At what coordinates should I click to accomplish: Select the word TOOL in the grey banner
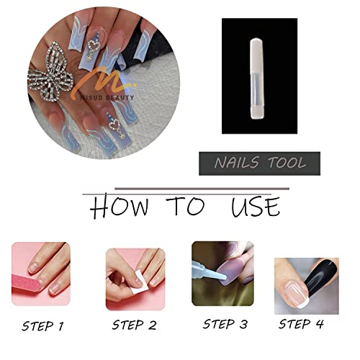pyautogui.click(x=282, y=162)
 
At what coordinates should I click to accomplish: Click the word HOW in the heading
pyautogui.click(x=119, y=207)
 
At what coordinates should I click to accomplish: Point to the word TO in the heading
pyautogui.click(x=188, y=207)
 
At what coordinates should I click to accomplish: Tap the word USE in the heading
pyautogui.click(x=255, y=207)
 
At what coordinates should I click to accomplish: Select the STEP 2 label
pyautogui.click(x=134, y=325)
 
